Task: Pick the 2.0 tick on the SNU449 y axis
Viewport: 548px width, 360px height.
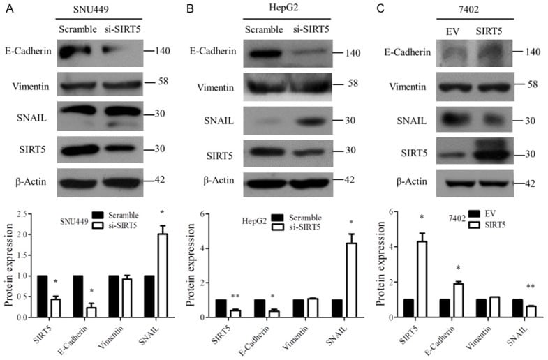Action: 26,234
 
